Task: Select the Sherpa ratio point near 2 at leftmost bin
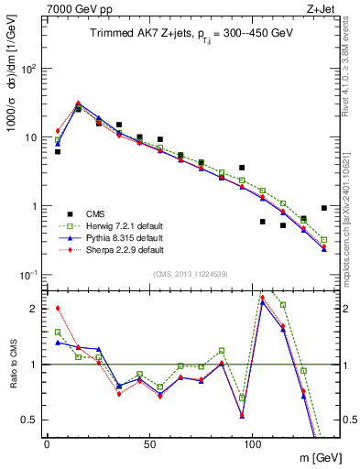tap(58, 309)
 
